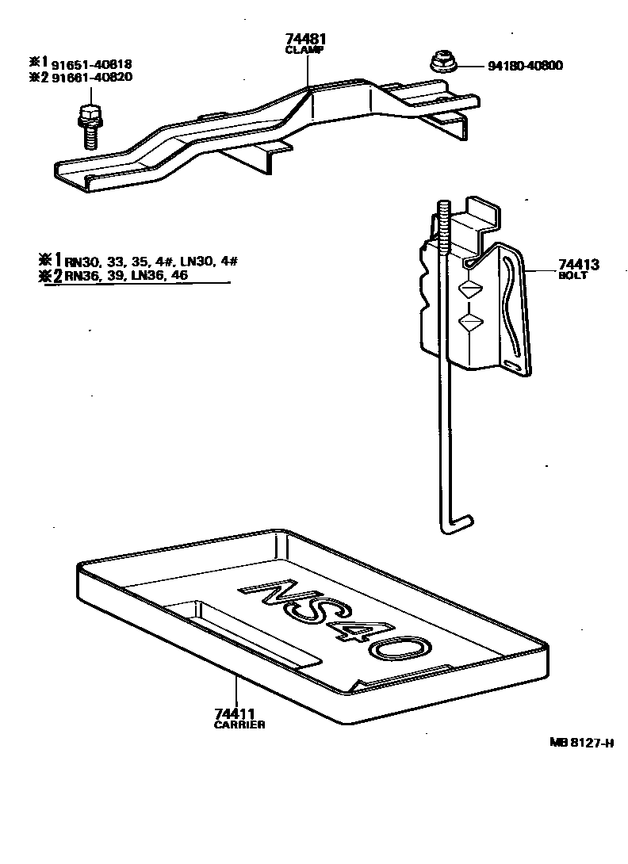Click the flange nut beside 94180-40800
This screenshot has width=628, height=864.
439,62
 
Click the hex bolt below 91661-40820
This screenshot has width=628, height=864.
88,124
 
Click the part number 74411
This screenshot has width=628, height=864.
235,714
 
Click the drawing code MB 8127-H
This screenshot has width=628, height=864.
583,743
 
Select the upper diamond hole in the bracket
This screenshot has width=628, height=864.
469,289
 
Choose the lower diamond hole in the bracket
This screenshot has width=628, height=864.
470,321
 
